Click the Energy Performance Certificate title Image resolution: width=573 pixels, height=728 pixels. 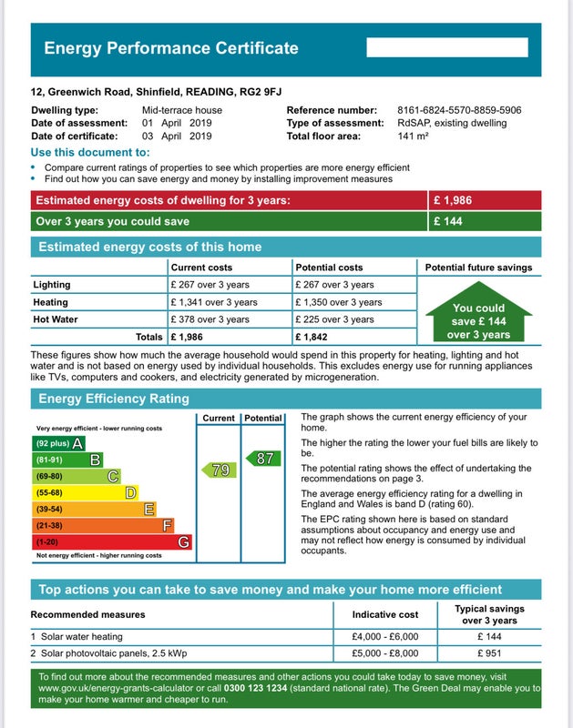pyautogui.click(x=170, y=48)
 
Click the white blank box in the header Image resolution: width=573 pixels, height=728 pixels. pyautogui.click(x=447, y=48)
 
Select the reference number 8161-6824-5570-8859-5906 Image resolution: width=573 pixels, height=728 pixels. pyautogui.click(x=459, y=110)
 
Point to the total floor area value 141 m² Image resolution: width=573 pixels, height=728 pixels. pyautogui.click(x=413, y=136)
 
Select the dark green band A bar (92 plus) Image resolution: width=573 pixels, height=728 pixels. pyautogui.click(x=58, y=443)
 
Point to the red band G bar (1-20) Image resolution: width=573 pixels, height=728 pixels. pyautogui.click(x=112, y=541)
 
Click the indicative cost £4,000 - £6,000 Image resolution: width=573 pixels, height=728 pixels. pyautogui.click(x=385, y=636)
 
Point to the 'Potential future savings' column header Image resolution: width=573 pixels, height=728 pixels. pyautogui.click(x=478, y=268)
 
